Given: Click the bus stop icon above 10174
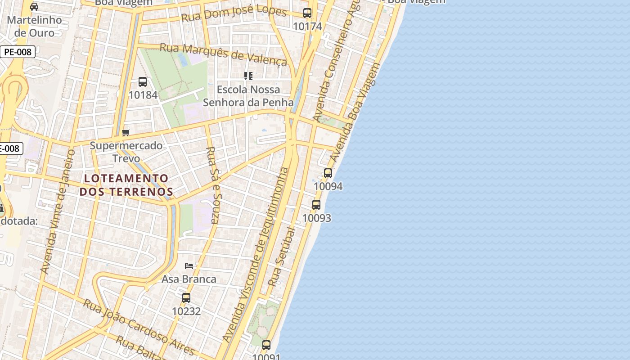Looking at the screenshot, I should pos(307,13).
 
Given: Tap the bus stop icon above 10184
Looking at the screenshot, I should pos(143,81).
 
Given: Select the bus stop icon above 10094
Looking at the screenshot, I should pos(328,173).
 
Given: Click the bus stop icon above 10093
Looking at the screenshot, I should pos(316,205).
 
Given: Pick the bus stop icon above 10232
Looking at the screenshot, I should pos(186,297).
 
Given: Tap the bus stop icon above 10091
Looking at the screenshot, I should pos(266,345).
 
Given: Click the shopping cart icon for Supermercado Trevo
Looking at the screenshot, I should pos(126,132).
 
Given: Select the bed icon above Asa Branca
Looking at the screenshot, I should pos(189,266).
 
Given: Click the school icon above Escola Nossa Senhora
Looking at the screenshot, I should pos(248,76).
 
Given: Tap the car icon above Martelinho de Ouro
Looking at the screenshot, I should pos(34,6).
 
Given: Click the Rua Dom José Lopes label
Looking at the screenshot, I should pos(234,13).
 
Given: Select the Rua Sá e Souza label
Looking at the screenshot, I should pos(213,185).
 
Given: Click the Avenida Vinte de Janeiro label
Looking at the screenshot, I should pos(58,211).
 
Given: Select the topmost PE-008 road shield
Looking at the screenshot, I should pos(18,52).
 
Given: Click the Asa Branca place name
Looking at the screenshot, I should pos(189,279).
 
